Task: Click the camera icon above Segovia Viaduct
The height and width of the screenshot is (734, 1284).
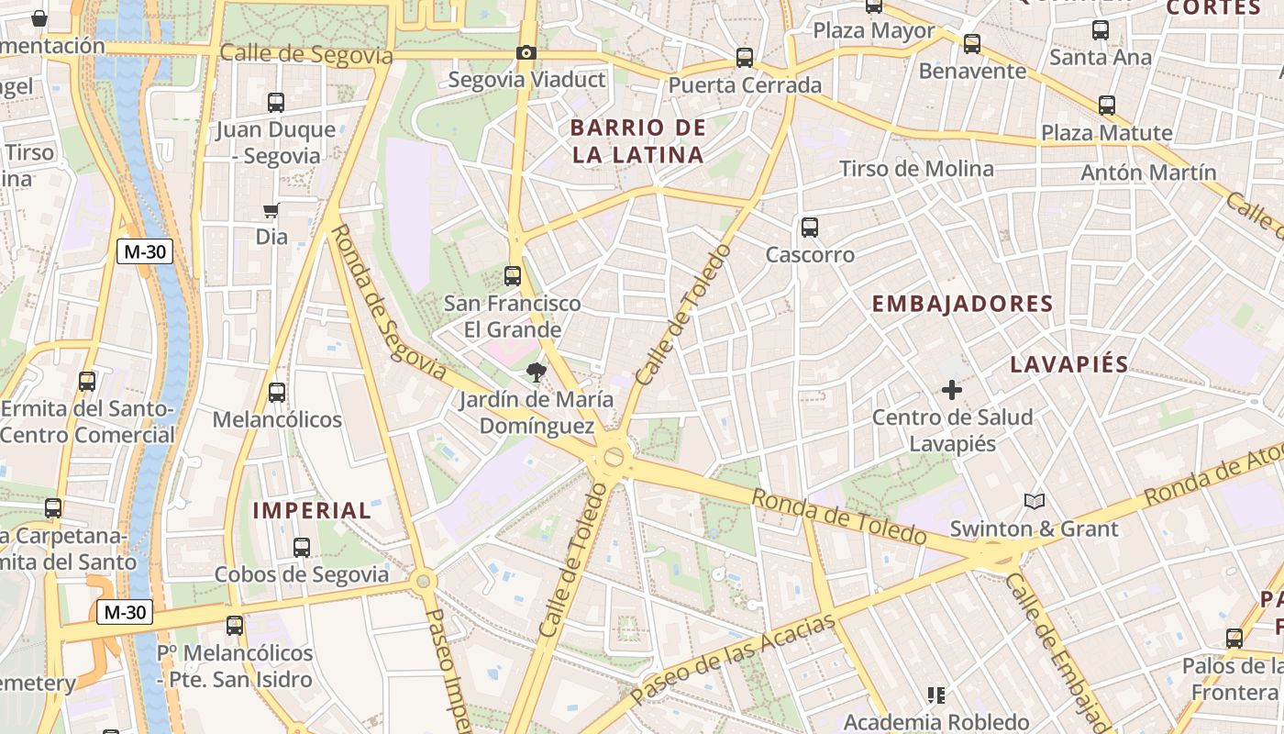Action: (x=526, y=53)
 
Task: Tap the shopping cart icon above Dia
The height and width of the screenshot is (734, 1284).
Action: (x=271, y=211)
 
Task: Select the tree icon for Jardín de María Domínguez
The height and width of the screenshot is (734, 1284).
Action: (x=536, y=373)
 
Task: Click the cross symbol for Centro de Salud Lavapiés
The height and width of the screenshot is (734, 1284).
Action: (x=952, y=390)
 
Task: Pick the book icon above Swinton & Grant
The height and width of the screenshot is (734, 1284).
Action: (x=1035, y=501)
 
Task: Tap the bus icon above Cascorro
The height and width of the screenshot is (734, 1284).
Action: (x=809, y=227)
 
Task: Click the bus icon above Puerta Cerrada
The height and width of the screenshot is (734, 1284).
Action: (x=745, y=58)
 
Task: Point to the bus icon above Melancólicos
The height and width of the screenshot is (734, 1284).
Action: (x=277, y=393)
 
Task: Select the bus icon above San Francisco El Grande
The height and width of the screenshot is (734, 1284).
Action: (x=513, y=275)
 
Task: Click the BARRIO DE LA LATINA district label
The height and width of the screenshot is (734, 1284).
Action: (x=638, y=141)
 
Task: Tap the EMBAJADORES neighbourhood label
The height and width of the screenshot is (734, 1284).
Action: (x=962, y=304)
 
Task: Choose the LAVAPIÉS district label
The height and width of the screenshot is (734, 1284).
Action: (x=1069, y=364)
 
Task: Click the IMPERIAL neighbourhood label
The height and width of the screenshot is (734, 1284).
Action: (x=312, y=511)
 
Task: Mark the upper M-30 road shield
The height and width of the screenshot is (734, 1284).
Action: (x=145, y=251)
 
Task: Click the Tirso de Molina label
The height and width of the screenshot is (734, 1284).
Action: (x=916, y=169)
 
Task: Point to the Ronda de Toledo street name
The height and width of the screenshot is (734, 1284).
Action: (x=839, y=517)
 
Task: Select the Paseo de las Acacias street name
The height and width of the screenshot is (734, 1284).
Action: (x=734, y=659)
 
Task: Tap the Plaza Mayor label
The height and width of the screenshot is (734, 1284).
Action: (x=874, y=30)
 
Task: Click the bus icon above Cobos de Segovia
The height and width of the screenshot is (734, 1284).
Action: (x=302, y=548)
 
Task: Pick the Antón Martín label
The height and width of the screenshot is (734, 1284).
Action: (x=1148, y=172)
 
